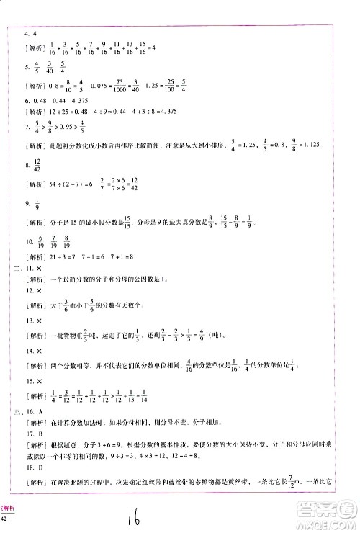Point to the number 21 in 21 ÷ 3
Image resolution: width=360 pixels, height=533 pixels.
[x=53, y=256]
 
